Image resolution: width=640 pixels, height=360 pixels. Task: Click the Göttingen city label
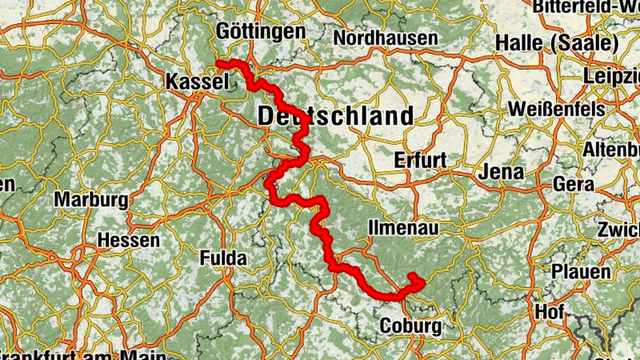pyautogui.click(x=261, y=33)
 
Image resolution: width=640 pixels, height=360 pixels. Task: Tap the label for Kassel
pyautogui.click(x=197, y=82)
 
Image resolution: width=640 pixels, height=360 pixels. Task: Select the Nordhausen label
pyautogui.click(x=386, y=38)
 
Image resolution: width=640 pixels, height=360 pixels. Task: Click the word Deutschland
pyautogui.click(x=336, y=116)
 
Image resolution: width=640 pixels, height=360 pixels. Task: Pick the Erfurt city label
pyautogui.click(x=420, y=160)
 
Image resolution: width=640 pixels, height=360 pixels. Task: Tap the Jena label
pyautogui.click(x=502, y=172)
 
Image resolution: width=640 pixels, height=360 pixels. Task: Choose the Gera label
pyautogui.click(x=574, y=184)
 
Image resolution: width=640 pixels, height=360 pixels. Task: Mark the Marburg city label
pyautogui.click(x=91, y=199)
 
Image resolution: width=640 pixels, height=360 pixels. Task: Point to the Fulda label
pyautogui.click(x=223, y=258)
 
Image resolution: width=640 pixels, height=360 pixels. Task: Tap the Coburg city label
pyautogui.click(x=410, y=326)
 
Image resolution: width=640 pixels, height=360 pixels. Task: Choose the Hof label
pyautogui.click(x=550, y=311)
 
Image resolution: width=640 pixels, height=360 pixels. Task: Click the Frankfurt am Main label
pyautogui.click(x=80, y=354)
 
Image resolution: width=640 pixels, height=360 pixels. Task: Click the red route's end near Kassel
pyautogui.click(x=219, y=62)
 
